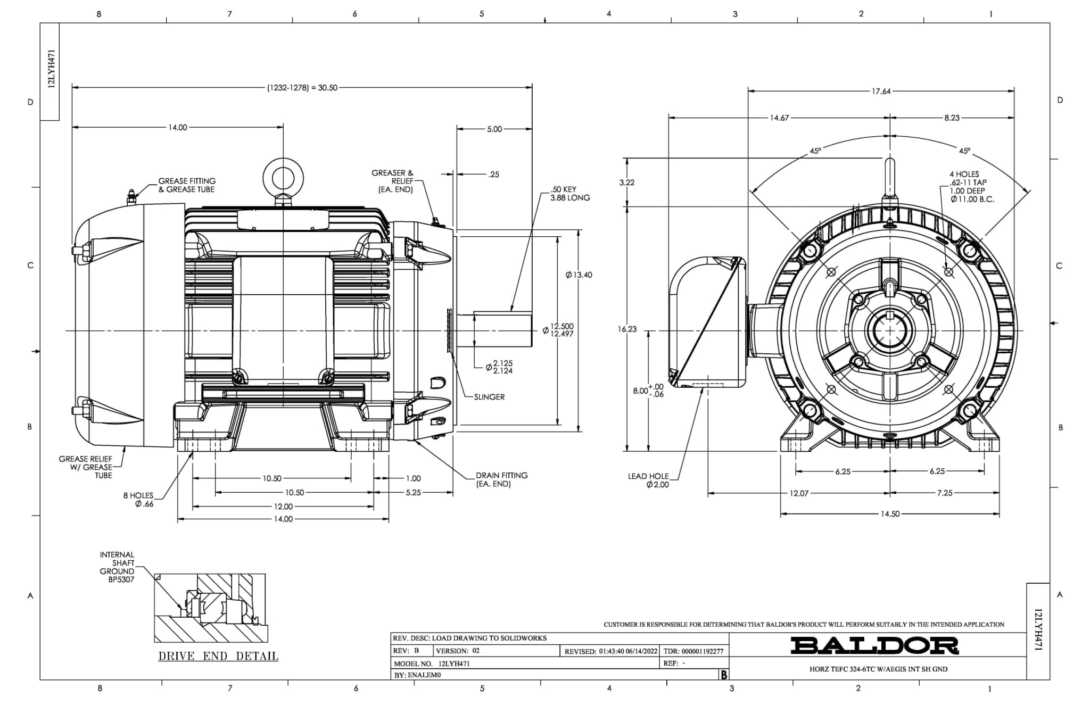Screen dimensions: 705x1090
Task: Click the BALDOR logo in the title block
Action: tap(874, 645)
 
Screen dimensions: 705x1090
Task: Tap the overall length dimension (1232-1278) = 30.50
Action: tap(302, 88)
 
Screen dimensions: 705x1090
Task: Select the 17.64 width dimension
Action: tap(881, 92)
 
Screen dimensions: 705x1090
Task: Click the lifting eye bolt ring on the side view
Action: tap(284, 177)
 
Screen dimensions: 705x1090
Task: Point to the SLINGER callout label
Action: tap(489, 397)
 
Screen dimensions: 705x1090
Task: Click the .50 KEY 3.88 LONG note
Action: tap(570, 194)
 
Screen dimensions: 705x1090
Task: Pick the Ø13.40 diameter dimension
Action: tap(579, 275)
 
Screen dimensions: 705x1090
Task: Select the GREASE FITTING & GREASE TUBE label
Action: tap(187, 185)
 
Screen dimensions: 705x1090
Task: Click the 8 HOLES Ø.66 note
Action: tap(139, 500)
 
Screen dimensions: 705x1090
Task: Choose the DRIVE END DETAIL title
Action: tap(218, 656)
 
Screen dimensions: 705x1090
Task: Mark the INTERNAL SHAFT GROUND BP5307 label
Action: tap(117, 567)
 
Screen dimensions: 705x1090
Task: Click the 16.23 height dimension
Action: tap(627, 329)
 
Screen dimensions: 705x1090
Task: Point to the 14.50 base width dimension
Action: tap(890, 514)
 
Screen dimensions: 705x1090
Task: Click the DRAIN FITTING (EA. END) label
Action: tap(501, 479)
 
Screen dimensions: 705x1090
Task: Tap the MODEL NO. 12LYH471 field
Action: tap(432, 663)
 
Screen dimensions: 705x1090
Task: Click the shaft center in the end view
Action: tap(889, 330)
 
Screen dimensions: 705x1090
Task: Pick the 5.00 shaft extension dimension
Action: tap(494, 129)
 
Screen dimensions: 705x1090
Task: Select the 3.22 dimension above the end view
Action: tap(627, 183)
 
